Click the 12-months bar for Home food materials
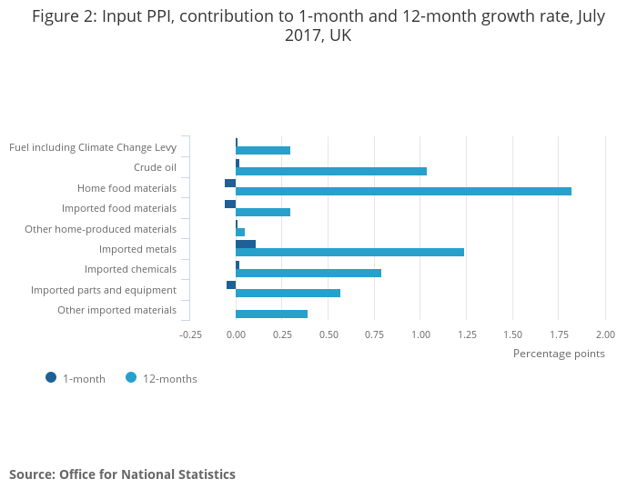403,191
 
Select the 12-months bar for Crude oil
331,171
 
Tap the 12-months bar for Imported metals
349,252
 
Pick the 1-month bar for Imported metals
246,244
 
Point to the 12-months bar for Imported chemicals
308,273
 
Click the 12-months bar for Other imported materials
271,314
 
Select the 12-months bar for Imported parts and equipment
288,293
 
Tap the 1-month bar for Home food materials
230,183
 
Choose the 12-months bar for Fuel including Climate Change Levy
263,150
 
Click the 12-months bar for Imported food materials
263,212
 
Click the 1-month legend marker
51,378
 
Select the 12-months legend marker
131,378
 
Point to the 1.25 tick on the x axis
467,334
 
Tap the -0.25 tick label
190,334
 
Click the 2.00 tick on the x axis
605,334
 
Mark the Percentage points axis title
559,354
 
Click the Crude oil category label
155,167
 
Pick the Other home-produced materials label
100,229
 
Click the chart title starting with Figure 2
318,26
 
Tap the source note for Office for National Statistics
122,474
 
